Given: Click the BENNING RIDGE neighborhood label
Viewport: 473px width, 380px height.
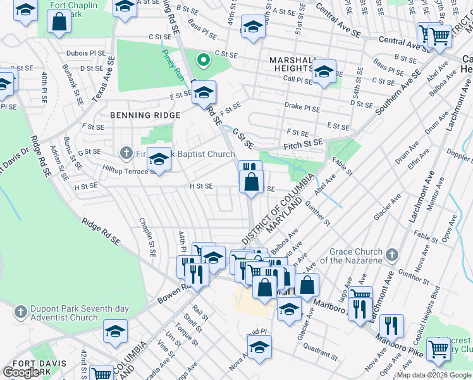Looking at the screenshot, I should (145, 115).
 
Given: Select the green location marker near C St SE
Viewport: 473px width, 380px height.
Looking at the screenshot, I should (203, 61).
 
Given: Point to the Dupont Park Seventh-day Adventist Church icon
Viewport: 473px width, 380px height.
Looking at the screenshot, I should (21, 312).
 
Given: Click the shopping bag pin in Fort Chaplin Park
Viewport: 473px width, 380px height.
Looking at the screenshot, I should (59, 22).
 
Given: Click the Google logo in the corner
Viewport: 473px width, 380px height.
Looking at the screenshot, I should (21, 372).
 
